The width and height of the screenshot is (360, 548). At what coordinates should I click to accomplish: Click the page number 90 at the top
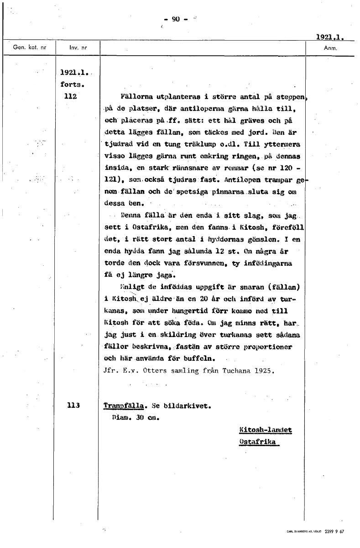pyautogui.click(x=176, y=19)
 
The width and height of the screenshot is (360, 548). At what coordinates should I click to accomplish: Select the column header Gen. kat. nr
pyautogui.click(x=29, y=47)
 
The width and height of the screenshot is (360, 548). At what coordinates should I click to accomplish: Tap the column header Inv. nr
pyautogui.click(x=78, y=47)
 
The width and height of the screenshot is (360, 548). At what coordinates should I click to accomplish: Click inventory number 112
pyautogui.click(x=70, y=96)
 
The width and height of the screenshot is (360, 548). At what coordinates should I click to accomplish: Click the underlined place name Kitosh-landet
pyautogui.click(x=265, y=430)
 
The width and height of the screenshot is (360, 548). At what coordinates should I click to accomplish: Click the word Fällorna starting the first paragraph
pyautogui.click(x=136, y=97)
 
